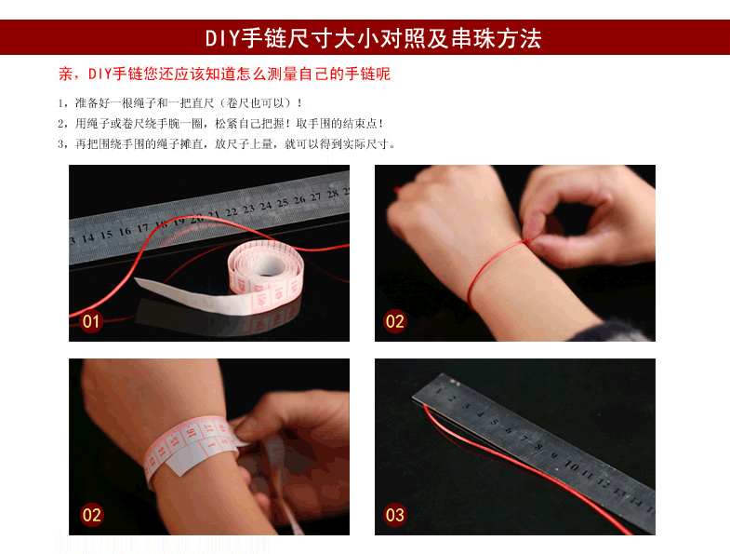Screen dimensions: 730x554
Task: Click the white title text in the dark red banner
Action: point(374,38)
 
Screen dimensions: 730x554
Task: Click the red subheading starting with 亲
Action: point(224,74)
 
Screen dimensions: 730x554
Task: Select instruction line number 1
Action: point(179,102)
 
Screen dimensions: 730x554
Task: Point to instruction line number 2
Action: point(220,123)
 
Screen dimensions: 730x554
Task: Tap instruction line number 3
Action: point(226,143)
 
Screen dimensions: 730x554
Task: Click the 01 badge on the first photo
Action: point(91,321)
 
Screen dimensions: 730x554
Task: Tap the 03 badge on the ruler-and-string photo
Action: point(395,515)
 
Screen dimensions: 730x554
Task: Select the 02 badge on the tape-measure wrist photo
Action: point(91,515)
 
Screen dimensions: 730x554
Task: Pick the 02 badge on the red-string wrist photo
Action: point(395,321)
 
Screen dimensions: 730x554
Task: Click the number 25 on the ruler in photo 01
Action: point(283,202)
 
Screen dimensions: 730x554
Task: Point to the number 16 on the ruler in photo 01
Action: point(125,231)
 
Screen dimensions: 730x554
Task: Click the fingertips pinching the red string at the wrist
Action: point(532,236)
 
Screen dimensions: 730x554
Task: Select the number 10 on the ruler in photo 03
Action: point(571,465)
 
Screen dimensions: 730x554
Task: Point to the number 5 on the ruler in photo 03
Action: point(495,423)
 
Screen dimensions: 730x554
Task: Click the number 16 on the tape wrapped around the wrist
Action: point(191,432)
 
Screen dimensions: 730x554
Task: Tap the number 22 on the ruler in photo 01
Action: point(231,211)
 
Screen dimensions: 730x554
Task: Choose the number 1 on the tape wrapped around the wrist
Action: point(209,445)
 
